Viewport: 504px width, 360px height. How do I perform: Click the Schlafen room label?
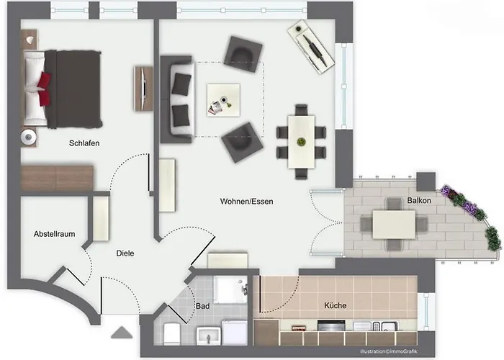click(84, 143)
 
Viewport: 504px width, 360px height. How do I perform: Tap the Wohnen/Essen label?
click(246, 202)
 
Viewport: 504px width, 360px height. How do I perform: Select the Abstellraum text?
click(54, 234)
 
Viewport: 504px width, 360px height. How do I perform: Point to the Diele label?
click(125, 253)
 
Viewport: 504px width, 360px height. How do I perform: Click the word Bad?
click(203, 306)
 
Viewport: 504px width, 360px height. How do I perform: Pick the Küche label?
click(336, 305)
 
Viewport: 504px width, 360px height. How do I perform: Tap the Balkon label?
click(419, 200)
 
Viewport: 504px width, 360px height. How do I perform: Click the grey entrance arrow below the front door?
click(122, 333)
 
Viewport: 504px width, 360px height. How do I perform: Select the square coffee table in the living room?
click(223, 100)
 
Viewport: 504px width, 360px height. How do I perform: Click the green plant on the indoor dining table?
click(301, 141)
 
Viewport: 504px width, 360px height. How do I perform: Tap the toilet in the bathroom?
click(171, 333)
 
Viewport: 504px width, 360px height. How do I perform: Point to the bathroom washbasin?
click(209, 336)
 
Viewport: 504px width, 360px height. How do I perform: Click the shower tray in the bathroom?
click(230, 289)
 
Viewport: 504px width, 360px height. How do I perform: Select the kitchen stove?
click(331, 325)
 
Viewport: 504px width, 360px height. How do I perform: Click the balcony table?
click(394, 225)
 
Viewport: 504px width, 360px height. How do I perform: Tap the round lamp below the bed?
click(29, 138)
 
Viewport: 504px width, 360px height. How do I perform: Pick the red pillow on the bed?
click(44, 89)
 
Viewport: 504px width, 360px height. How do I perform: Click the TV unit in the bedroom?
click(143, 89)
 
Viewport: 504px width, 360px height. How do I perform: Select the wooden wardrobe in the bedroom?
click(57, 178)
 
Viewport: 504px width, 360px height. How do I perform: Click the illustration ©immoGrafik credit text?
click(389, 351)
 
